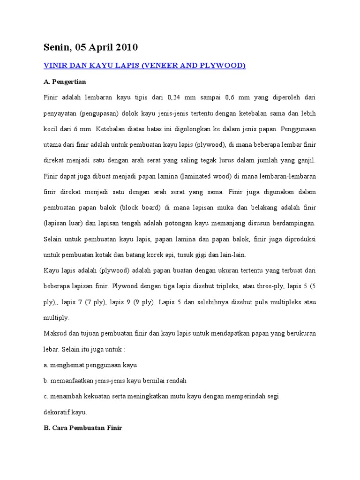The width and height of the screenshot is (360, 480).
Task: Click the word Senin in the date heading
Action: click(x=57, y=47)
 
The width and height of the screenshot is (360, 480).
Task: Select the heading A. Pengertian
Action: click(x=65, y=81)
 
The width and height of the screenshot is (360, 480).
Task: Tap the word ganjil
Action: click(x=305, y=160)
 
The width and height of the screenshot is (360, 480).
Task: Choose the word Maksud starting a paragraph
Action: click(x=55, y=333)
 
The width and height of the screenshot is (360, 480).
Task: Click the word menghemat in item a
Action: click(x=66, y=365)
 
